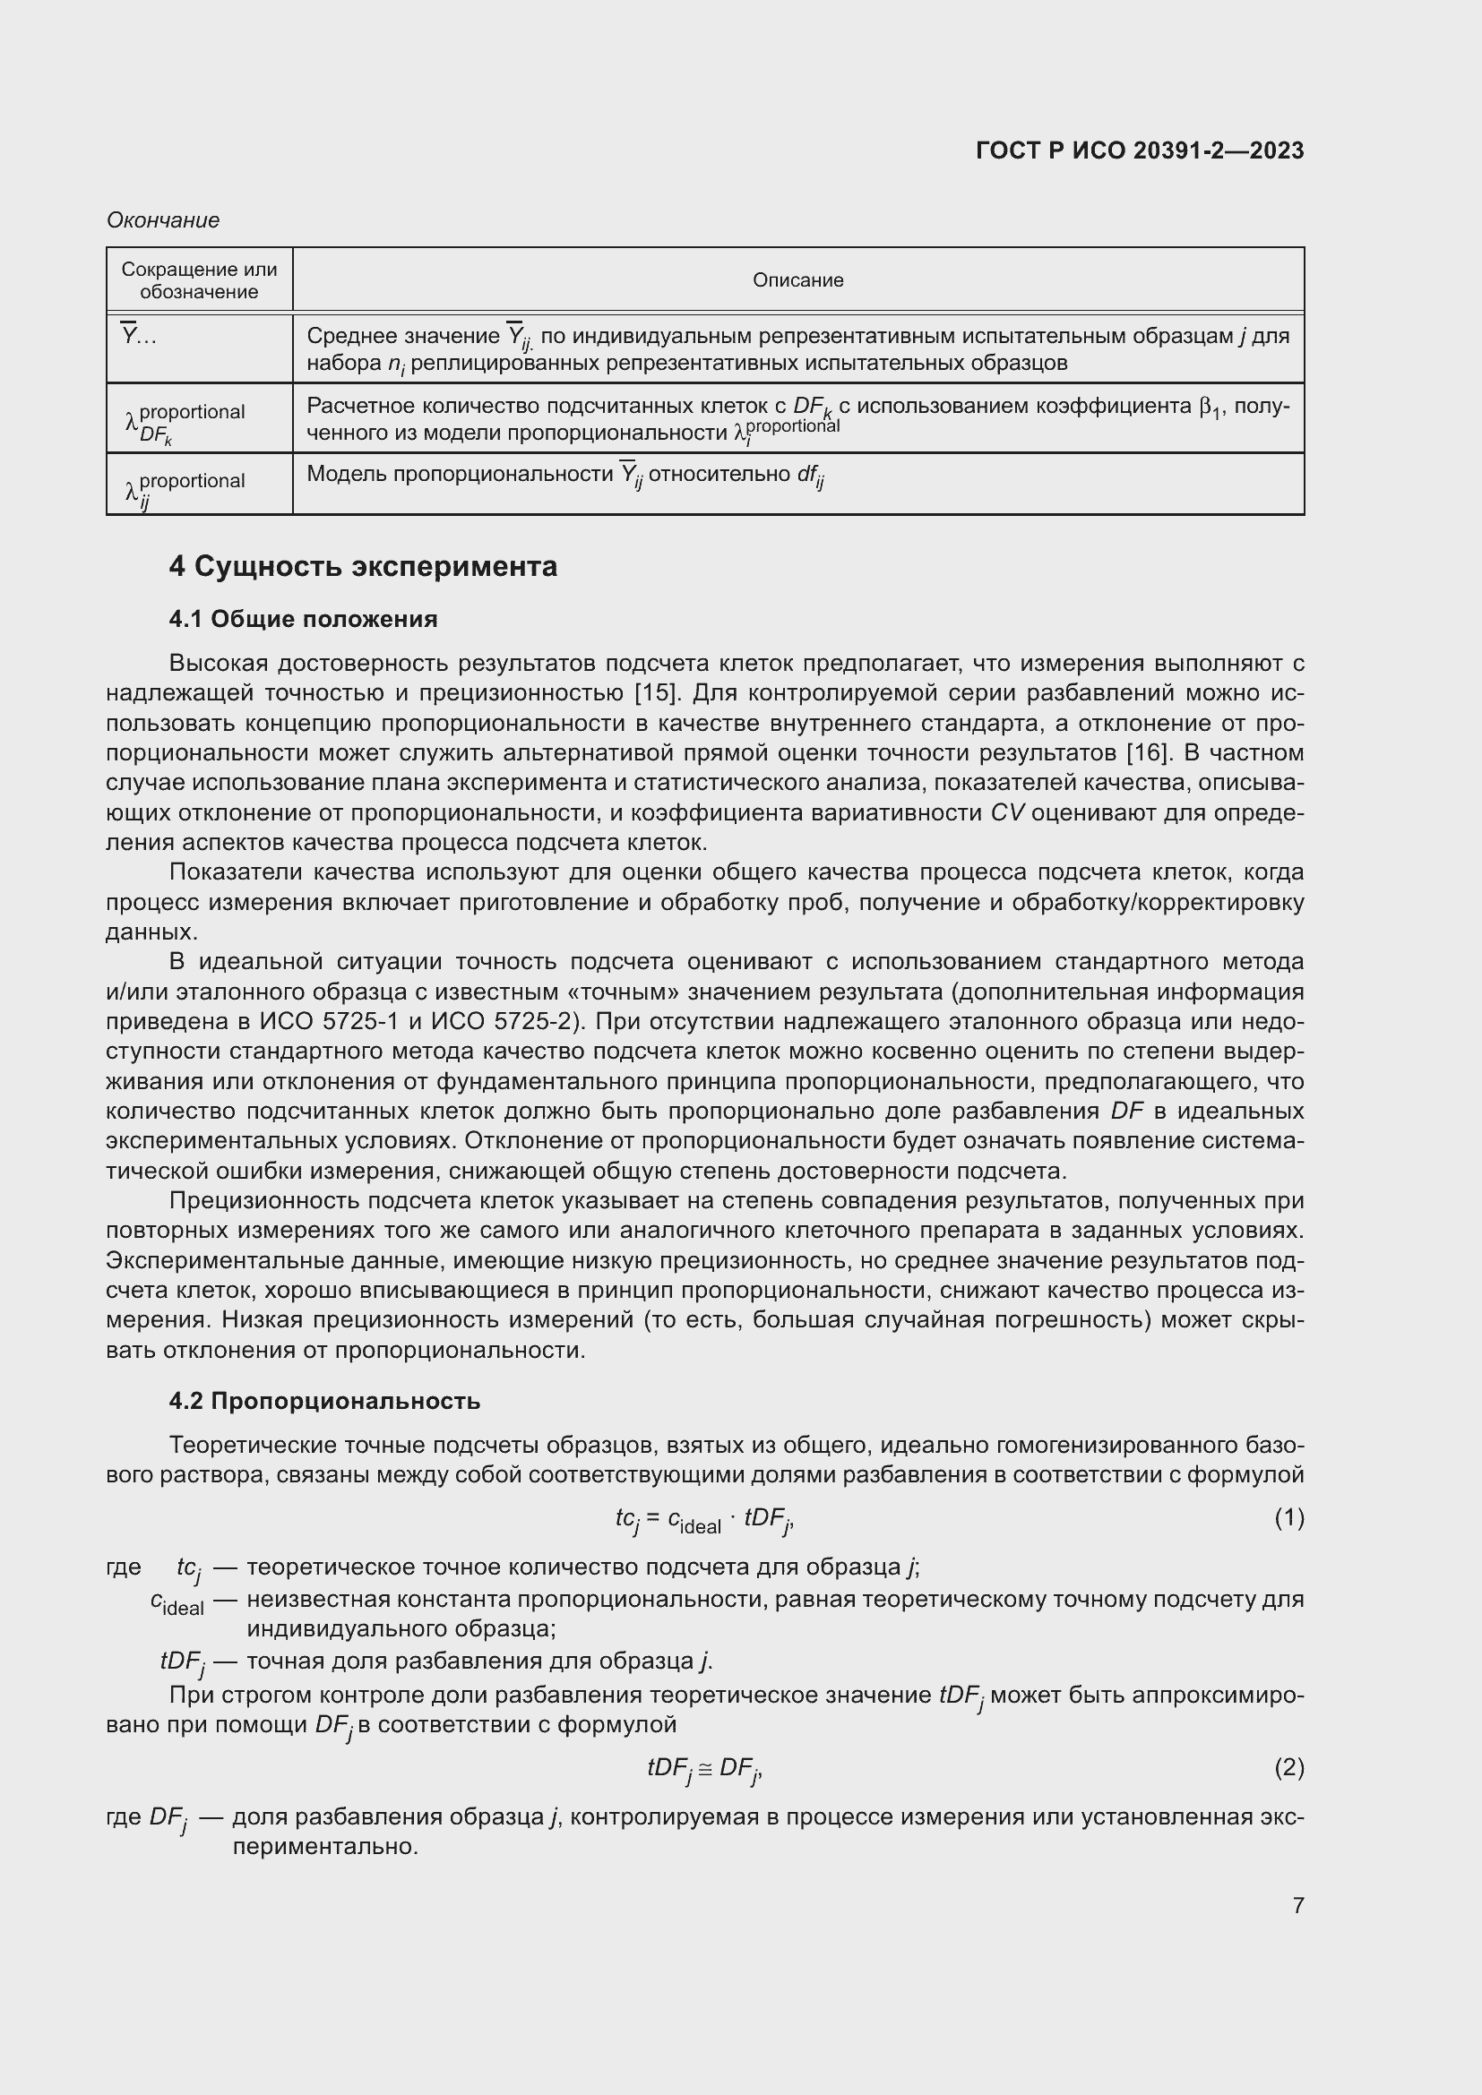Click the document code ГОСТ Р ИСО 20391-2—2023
1139,150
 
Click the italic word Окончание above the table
162,220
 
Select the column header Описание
797,280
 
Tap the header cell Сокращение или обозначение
199,280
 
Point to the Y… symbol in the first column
139,336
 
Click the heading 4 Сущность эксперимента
362,567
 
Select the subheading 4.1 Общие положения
303,619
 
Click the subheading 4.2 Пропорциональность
324,1401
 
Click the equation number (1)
1288,1517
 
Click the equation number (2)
1288,1767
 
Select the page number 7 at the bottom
1297,1905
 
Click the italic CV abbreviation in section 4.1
1008,813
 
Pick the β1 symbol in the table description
1212,407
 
